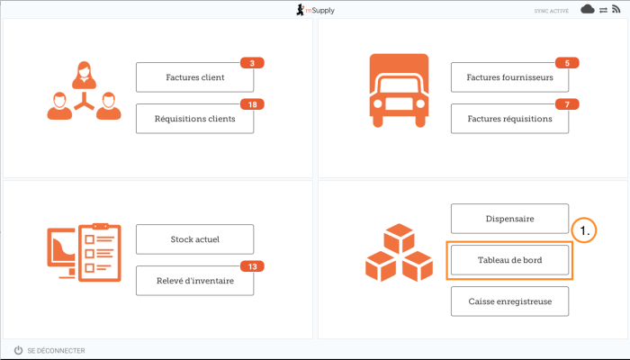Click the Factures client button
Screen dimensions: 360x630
[x=194, y=77]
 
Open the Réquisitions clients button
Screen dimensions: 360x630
[x=194, y=118]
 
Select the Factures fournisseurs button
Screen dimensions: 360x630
[x=509, y=77]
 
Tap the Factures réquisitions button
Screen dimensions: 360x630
[x=509, y=118]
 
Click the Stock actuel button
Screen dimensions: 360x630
[x=194, y=239]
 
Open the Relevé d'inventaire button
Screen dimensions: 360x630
[x=194, y=280]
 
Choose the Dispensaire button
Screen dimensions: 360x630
[x=509, y=219]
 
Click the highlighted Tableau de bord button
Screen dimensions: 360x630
[x=509, y=260]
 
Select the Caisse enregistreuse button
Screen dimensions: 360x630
[x=509, y=301]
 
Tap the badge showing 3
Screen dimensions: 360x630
[x=252, y=63]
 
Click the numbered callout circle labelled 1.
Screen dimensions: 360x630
[x=585, y=231]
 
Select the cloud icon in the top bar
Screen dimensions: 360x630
[x=588, y=9]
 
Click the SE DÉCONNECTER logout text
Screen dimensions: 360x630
[x=56, y=350]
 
